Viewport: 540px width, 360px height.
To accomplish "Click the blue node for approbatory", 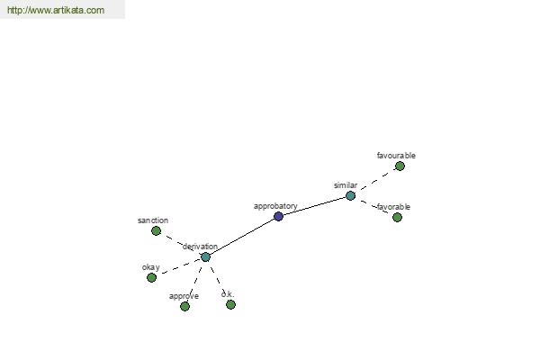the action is tap(279, 216).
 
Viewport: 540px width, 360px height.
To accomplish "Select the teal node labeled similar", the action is tap(350, 195).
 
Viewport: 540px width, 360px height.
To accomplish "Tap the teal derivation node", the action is tap(205, 256).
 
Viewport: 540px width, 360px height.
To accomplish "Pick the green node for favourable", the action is tap(400, 166).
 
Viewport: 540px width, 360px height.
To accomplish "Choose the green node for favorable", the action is tap(397, 217).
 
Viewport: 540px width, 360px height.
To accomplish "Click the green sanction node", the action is tap(156, 230).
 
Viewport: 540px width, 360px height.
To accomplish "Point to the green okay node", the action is tap(151, 277).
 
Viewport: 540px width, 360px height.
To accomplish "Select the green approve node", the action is tap(184, 306).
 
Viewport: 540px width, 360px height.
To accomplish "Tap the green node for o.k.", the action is tap(230, 304).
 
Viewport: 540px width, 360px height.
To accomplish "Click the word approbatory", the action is tap(275, 206).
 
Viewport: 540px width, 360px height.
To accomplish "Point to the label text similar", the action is tap(346, 185).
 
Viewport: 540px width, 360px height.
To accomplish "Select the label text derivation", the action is tap(200, 247).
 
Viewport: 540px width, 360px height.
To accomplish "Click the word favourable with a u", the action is tap(396, 156).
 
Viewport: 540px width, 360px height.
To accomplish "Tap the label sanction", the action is tap(153, 220).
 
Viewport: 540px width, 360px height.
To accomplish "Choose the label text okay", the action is tap(151, 267).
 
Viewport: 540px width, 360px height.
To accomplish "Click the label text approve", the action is tap(184, 296).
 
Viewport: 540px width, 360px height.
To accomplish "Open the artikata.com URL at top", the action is tap(56, 10).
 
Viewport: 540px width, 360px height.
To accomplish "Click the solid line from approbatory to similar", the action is tap(314, 206).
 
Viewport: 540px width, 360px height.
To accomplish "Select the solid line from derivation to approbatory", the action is tap(242, 237).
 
